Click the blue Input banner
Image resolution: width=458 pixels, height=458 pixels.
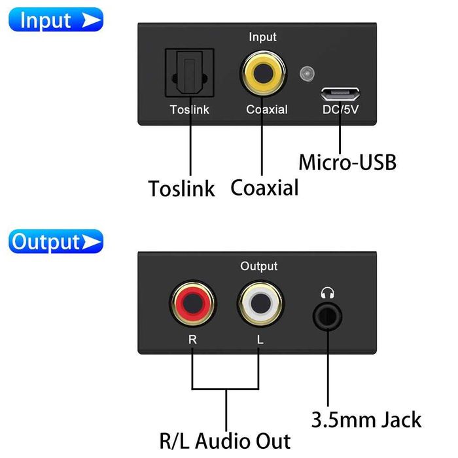tap(56, 20)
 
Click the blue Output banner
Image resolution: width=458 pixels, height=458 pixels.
tap(56, 241)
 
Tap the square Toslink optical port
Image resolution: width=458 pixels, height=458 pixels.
tap(190, 75)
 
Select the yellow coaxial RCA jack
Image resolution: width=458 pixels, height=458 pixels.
tap(262, 74)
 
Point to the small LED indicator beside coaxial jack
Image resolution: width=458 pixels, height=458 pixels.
tap(304, 74)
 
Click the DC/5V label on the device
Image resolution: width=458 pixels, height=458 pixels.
tap(340, 110)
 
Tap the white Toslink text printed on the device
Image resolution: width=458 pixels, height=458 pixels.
tap(190, 110)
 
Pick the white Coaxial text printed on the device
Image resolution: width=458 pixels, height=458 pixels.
tap(266, 110)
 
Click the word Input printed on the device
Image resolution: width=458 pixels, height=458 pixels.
tap(262, 37)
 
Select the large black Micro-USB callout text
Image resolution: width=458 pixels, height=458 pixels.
tap(347, 162)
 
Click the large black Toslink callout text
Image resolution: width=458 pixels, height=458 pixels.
tap(181, 188)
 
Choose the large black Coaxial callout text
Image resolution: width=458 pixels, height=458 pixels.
tap(264, 187)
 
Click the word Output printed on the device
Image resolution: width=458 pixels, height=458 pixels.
tap(258, 266)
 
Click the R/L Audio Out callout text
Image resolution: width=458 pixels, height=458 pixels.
tap(225, 440)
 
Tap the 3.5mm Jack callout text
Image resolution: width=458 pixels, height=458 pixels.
tap(366, 419)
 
